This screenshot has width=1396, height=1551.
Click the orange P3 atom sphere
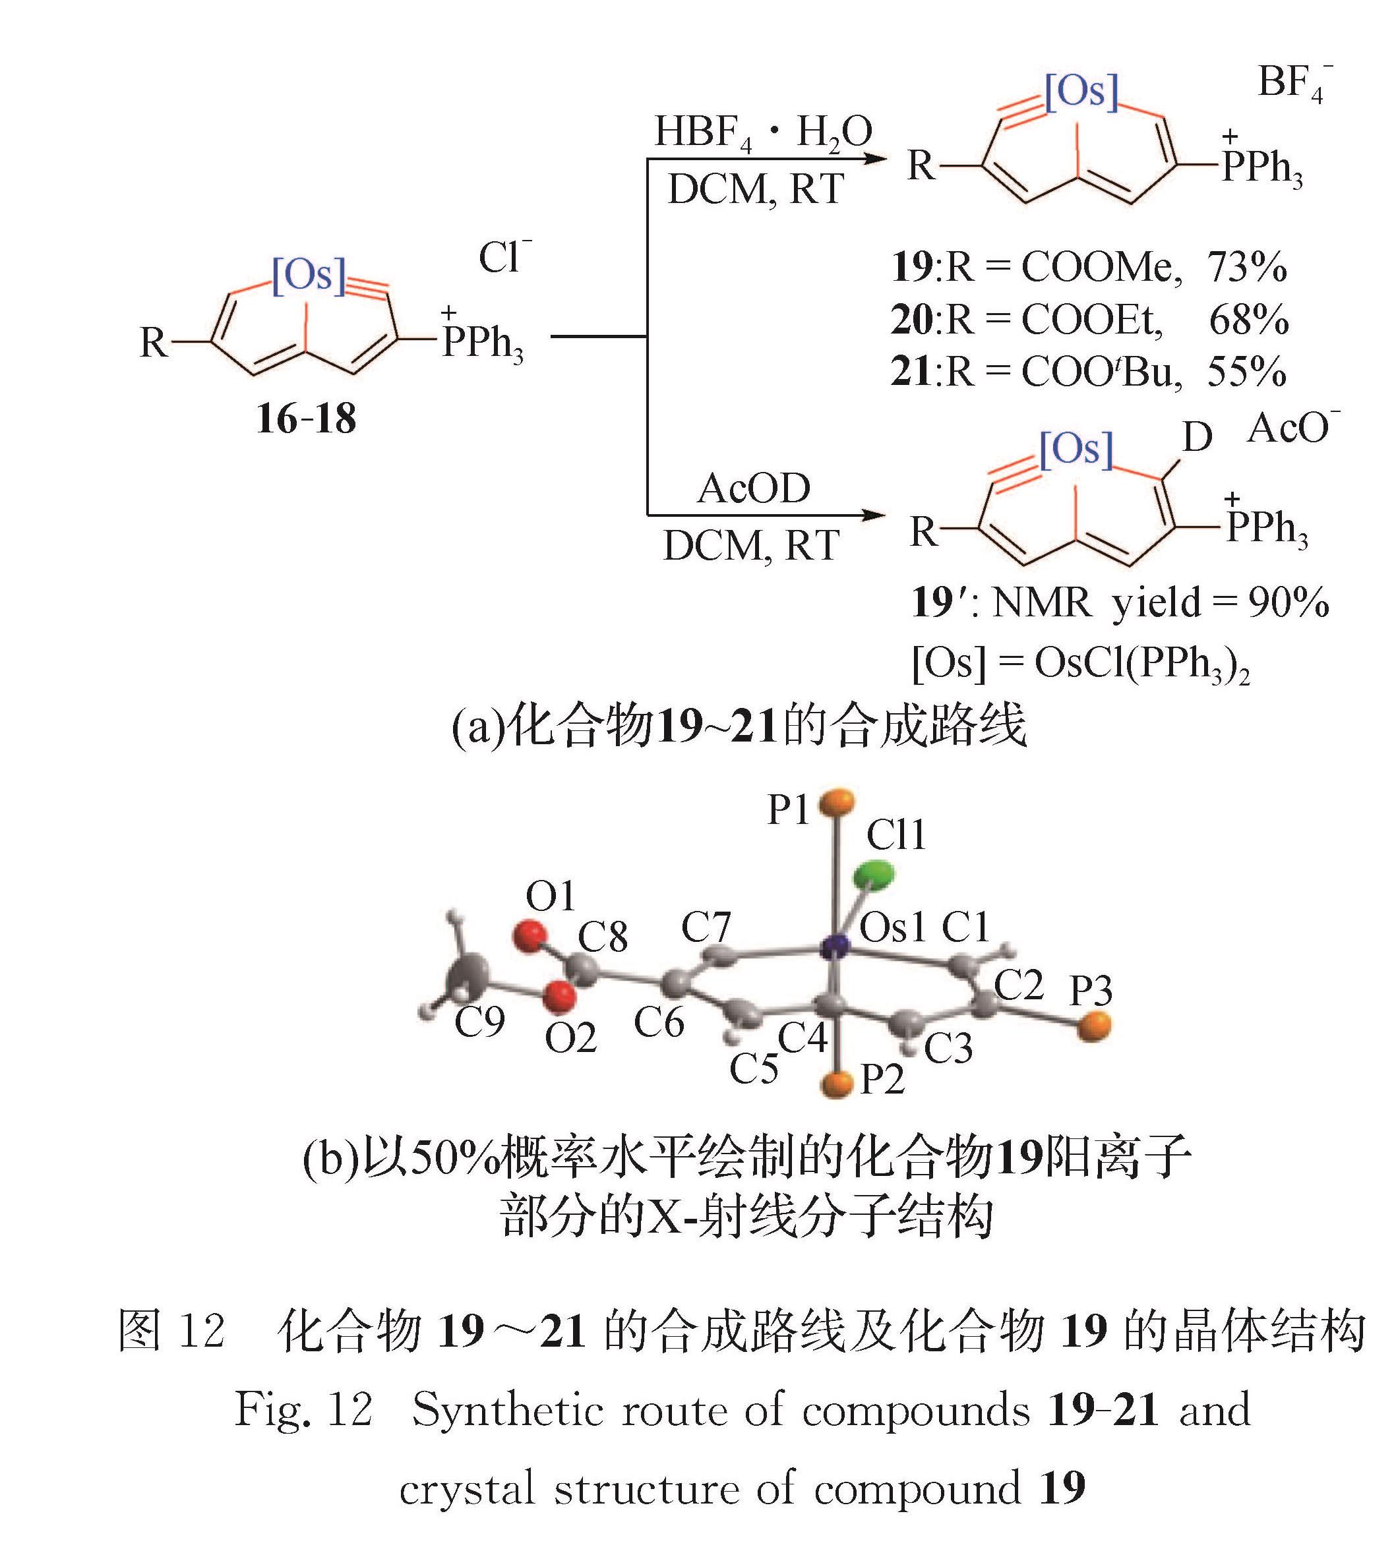pyautogui.click(x=1093, y=1026)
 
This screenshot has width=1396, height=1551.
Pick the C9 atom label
pyautogui.click(x=479, y=1022)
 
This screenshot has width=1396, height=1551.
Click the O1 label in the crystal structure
pyautogui.click(x=550, y=896)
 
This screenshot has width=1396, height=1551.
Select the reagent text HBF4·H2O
pyautogui.click(x=762, y=132)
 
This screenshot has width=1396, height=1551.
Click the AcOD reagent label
pyautogui.click(x=753, y=488)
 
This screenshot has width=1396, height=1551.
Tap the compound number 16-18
pyautogui.click(x=306, y=419)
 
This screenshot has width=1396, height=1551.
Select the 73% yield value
pyautogui.click(x=1246, y=268)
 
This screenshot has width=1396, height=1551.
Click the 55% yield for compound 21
pyautogui.click(x=1246, y=372)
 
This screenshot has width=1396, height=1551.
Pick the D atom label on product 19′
pyautogui.click(x=1197, y=438)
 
